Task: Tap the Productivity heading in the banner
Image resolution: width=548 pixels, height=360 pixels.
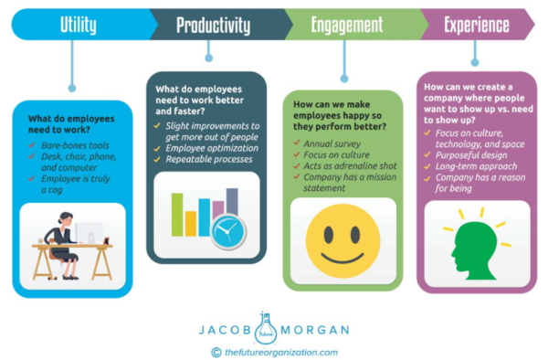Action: tap(213, 25)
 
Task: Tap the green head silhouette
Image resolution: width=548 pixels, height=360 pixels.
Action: tap(475, 243)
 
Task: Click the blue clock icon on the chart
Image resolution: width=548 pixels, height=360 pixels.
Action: tap(227, 231)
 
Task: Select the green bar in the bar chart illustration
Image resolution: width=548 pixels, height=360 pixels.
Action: tap(176, 215)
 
